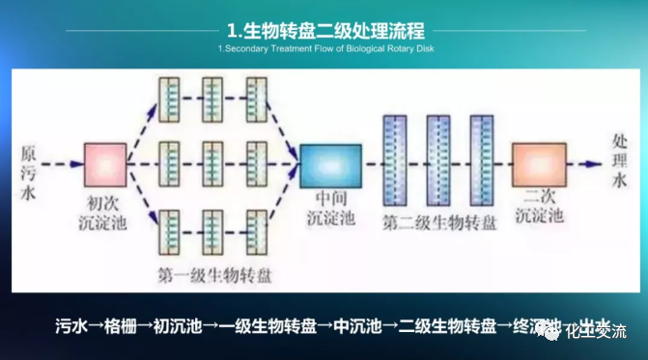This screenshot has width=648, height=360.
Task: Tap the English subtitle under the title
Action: pos(324,49)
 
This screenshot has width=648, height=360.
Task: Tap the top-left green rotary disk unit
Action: pos(169,100)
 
